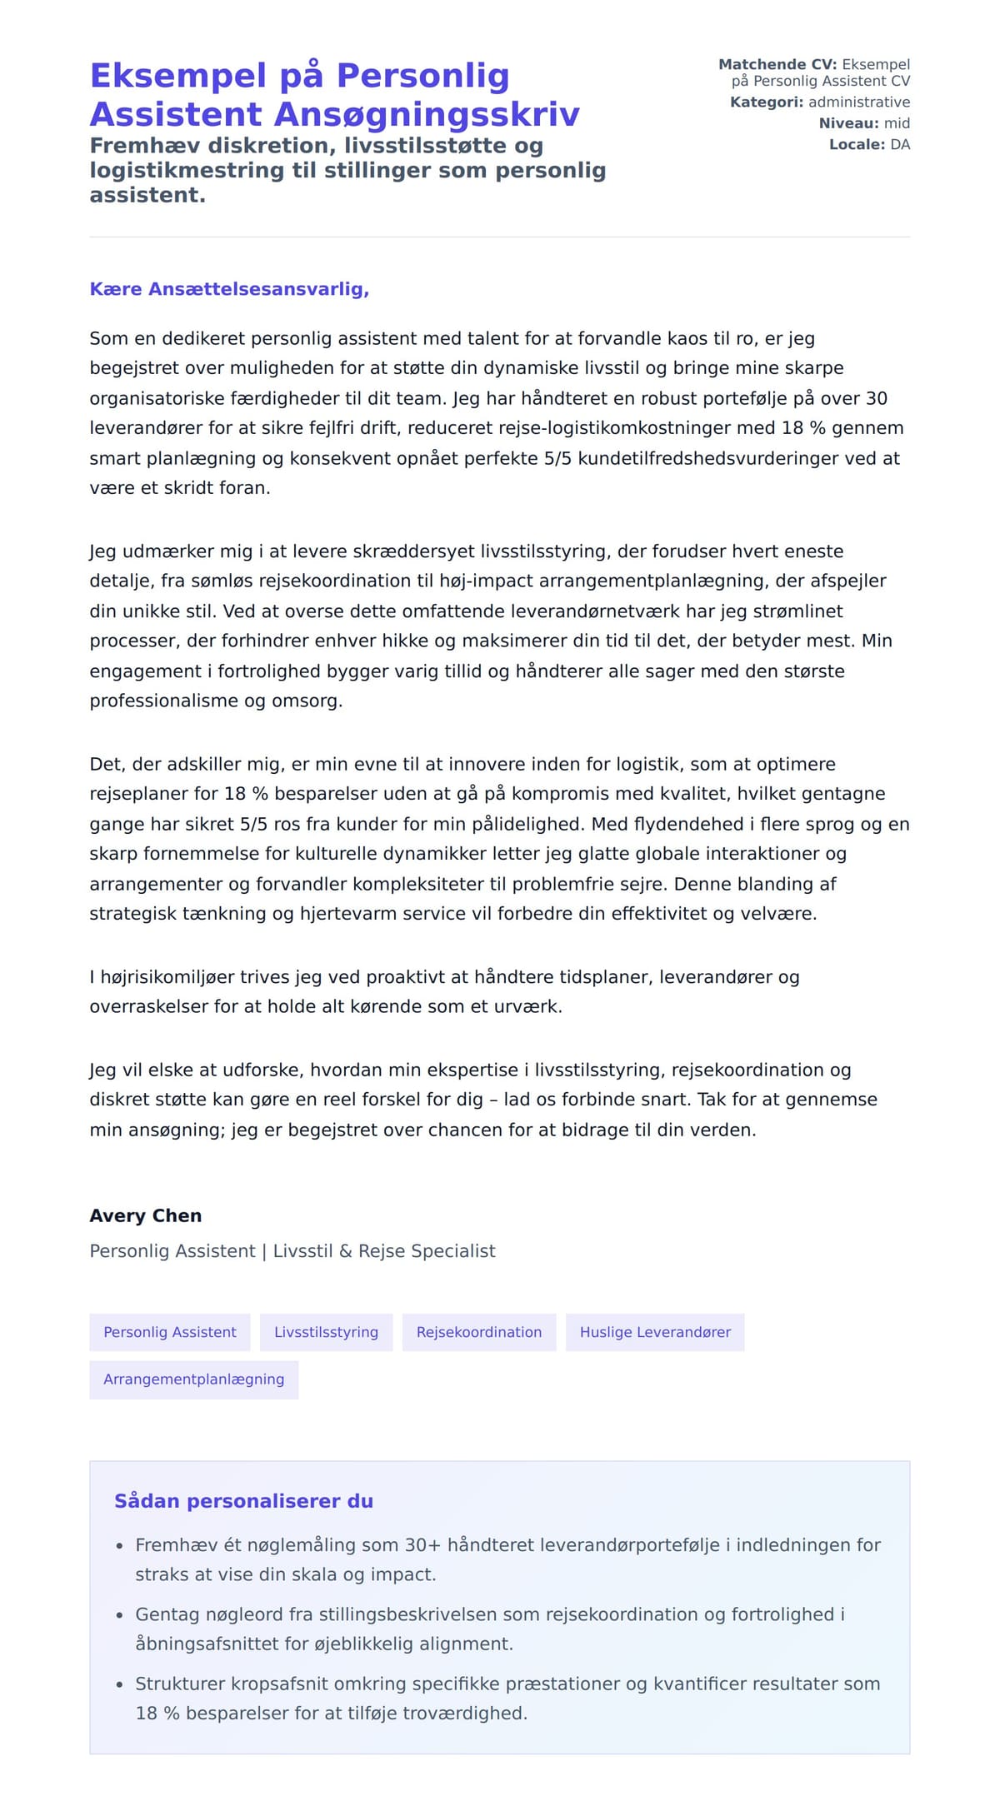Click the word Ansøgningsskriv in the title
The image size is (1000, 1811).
[x=426, y=114]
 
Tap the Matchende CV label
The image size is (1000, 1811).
[x=777, y=65]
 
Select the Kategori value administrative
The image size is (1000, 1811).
[x=858, y=102]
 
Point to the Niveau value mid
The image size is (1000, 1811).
[x=897, y=123]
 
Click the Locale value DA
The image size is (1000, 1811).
[x=899, y=145]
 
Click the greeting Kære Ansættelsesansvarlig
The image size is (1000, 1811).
[x=229, y=289]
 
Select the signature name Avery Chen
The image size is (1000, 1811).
[x=146, y=1215]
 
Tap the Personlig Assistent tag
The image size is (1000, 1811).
[x=170, y=1332]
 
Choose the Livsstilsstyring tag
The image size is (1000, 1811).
[x=326, y=1332]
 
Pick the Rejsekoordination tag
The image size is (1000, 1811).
[x=479, y=1332]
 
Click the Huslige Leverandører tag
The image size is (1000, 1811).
[x=655, y=1332]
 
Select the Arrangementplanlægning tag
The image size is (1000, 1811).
[x=193, y=1379]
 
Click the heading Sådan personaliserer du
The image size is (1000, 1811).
[x=243, y=1501]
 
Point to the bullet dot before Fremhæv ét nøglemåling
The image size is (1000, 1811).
[x=120, y=1546]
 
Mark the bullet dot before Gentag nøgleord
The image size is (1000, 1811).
[x=120, y=1615]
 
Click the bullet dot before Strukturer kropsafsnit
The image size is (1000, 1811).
[x=120, y=1684]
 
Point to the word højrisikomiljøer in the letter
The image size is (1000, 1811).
[x=167, y=977]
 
